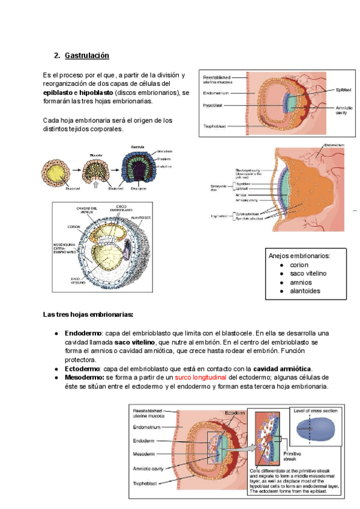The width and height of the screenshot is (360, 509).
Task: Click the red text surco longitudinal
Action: pos(202,377)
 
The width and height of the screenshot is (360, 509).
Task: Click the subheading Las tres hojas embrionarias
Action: pos(88,315)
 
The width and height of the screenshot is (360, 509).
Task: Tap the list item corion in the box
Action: pos(298,265)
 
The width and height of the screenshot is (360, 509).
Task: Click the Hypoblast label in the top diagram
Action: pos(214,104)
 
